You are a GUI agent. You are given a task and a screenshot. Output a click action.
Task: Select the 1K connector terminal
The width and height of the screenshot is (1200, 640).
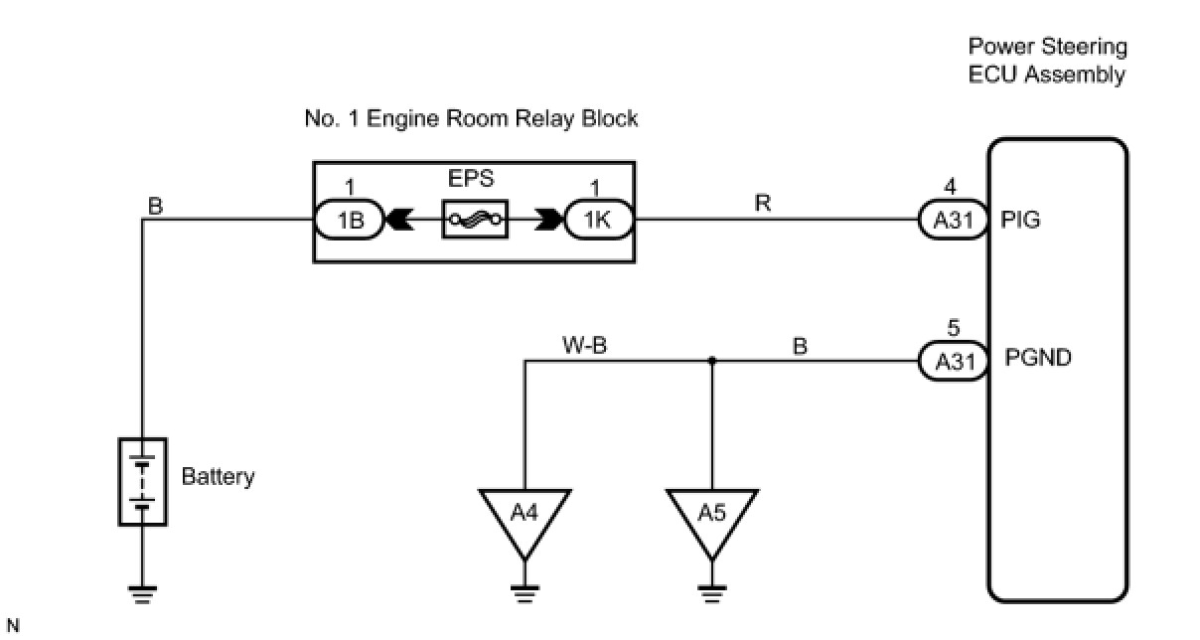(x=598, y=221)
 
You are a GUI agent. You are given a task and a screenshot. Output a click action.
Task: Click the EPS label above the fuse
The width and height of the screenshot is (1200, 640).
(x=472, y=181)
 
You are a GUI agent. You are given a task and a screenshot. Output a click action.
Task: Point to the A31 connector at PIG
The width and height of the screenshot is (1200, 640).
(x=952, y=221)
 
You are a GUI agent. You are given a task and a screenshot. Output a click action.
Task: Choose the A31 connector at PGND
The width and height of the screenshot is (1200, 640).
(x=952, y=361)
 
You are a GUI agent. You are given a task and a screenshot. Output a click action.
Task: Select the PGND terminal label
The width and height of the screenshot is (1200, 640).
(x=1038, y=358)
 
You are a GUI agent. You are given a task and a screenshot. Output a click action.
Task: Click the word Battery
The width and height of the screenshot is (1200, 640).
(x=218, y=476)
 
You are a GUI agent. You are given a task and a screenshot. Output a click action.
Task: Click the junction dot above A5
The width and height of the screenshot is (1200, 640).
(x=712, y=361)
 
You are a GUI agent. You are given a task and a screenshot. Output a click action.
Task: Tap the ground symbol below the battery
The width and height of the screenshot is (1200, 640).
(x=143, y=593)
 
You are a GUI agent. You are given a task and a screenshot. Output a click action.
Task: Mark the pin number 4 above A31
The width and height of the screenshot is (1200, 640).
(x=951, y=186)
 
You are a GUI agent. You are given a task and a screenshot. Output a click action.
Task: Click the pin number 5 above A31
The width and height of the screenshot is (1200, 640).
(x=953, y=329)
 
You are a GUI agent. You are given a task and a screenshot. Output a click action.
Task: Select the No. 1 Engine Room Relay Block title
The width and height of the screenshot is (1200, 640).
(x=471, y=119)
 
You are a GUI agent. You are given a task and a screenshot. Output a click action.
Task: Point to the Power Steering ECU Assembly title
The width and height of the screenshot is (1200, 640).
(x=1047, y=61)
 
